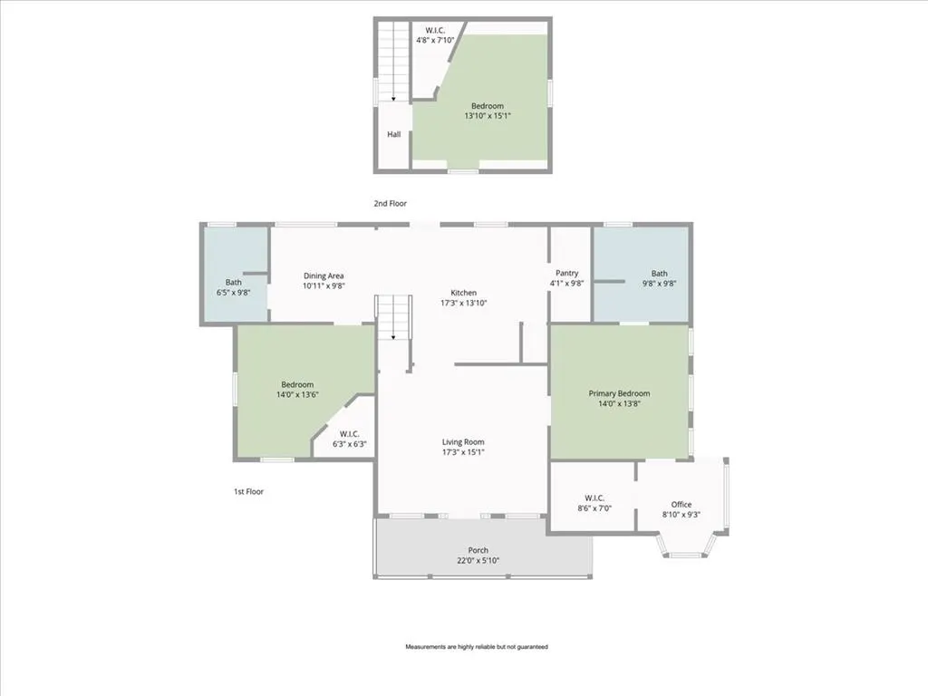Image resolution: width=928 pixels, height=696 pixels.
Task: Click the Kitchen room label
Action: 463,293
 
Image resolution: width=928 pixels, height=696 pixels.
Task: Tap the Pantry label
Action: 567,274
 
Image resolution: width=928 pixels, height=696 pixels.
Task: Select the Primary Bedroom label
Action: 619,393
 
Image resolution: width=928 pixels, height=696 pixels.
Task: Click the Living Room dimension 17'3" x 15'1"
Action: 463,452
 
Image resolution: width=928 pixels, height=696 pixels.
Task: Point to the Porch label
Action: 478,550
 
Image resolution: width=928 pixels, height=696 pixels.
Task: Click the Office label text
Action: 681,505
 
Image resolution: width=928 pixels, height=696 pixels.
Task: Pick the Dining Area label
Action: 324,275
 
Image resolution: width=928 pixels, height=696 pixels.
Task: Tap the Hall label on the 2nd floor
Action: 394,134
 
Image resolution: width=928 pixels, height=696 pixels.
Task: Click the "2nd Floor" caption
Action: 390,204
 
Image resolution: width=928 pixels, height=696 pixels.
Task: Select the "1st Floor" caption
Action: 248,492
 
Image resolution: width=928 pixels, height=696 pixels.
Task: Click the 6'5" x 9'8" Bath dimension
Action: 234,293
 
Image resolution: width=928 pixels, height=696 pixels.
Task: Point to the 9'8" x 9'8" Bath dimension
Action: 660,284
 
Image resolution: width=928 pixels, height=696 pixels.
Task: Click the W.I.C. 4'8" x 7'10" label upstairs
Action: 435,35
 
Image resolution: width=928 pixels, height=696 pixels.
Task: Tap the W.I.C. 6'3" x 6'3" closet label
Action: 350,440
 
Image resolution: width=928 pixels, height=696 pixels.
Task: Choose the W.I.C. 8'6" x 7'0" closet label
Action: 594,503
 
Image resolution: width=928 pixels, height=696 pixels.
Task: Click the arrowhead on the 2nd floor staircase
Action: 393,99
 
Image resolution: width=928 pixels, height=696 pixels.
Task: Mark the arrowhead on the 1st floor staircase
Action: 393,337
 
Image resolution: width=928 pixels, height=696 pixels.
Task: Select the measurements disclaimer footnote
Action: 477,647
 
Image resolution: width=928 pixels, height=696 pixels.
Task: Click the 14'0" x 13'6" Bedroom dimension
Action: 297,395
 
